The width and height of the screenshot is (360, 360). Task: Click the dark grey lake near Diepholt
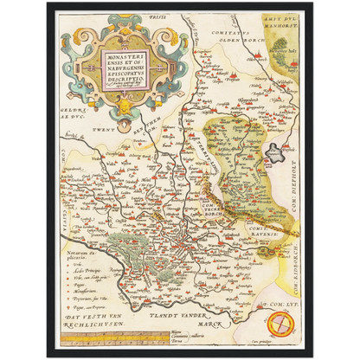(x=274, y=155)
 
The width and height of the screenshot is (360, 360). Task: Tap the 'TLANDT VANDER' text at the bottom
(x=196, y=318)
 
